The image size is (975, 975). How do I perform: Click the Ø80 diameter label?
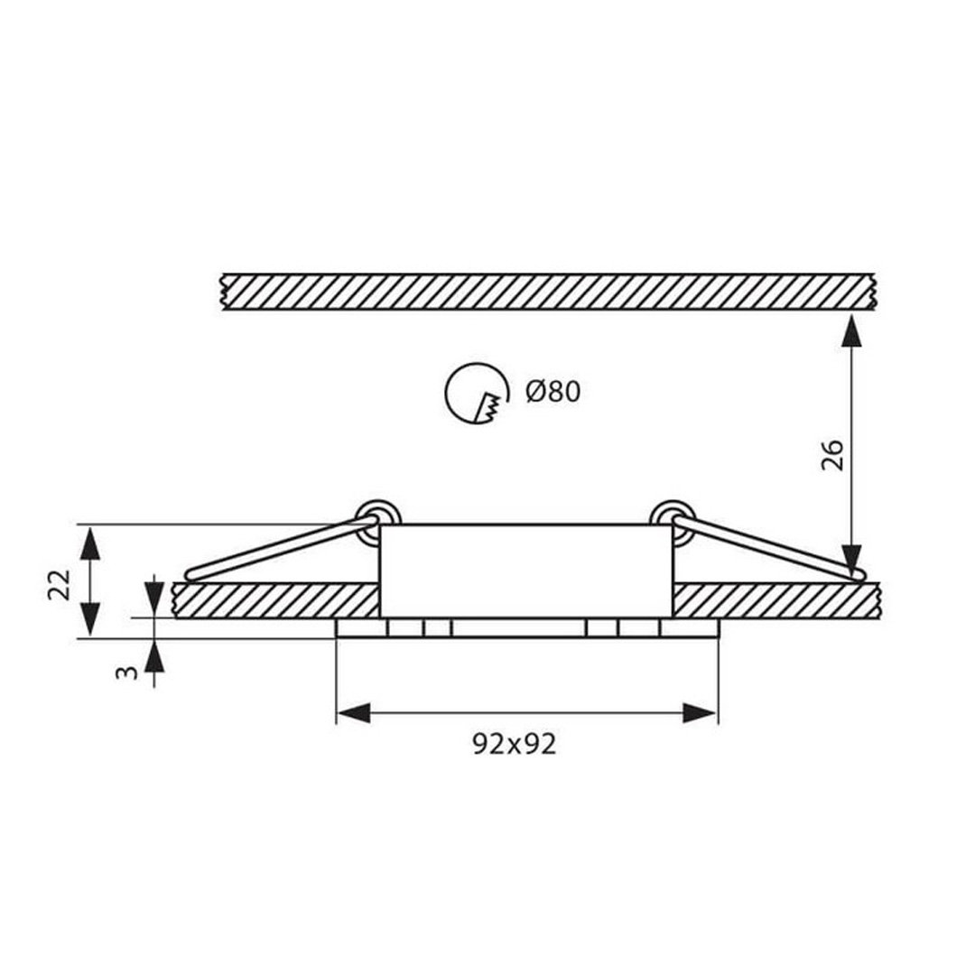click(x=552, y=392)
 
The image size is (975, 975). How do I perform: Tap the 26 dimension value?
click(x=832, y=455)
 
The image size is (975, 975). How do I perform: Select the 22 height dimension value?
click(x=60, y=584)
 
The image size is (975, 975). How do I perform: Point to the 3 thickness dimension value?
click(x=127, y=672)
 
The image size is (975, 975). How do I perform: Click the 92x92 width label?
click(x=515, y=744)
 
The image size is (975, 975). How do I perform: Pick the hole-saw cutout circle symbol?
click(x=477, y=394)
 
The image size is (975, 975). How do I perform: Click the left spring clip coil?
click(x=377, y=518)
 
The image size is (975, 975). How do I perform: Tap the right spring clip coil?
click(x=673, y=518)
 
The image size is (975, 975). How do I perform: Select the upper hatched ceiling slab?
click(x=549, y=291)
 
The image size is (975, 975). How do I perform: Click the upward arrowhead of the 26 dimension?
click(x=851, y=330)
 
